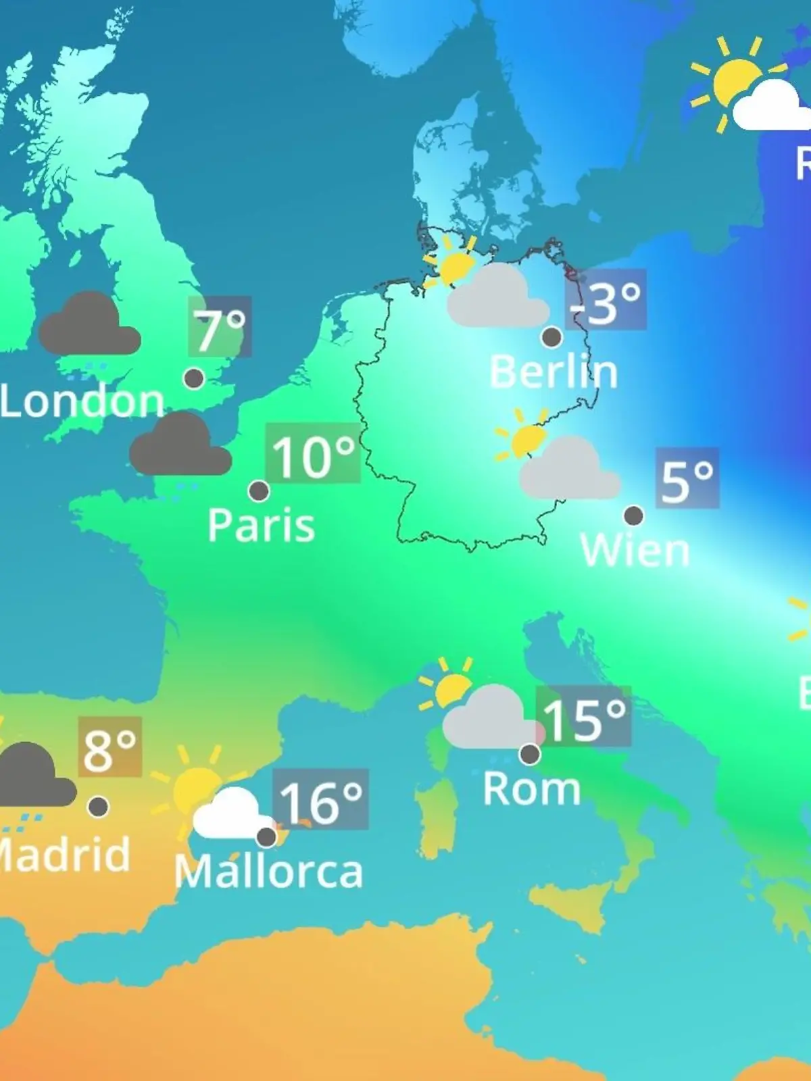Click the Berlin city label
coord(553,372)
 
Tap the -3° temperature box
coord(606,301)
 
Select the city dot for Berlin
coord(552,336)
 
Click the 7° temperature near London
coord(220,327)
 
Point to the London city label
coord(82,401)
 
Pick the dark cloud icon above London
coord(89,324)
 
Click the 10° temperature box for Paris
coord(313,453)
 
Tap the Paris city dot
coord(259,491)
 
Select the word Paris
coord(261,525)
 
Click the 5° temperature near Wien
coord(687,478)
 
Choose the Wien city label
coord(635,550)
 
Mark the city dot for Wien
coord(633,516)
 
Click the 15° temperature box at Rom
coord(584,717)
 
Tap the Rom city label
coord(532,788)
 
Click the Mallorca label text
coord(269,872)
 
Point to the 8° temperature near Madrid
coord(110,747)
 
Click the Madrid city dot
coord(99,806)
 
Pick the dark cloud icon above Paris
coord(180,445)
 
